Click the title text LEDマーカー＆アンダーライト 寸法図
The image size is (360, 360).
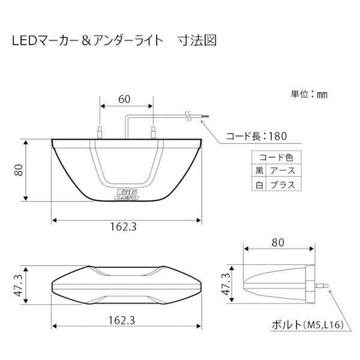pyautogui.click(x=114, y=41)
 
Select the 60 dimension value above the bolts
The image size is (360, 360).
pyautogui.click(x=125, y=100)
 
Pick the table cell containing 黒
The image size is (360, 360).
pyautogui.click(x=260, y=171)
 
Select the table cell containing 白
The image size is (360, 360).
pyautogui.click(x=260, y=185)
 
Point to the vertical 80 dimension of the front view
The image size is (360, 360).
pyautogui.click(x=19, y=171)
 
